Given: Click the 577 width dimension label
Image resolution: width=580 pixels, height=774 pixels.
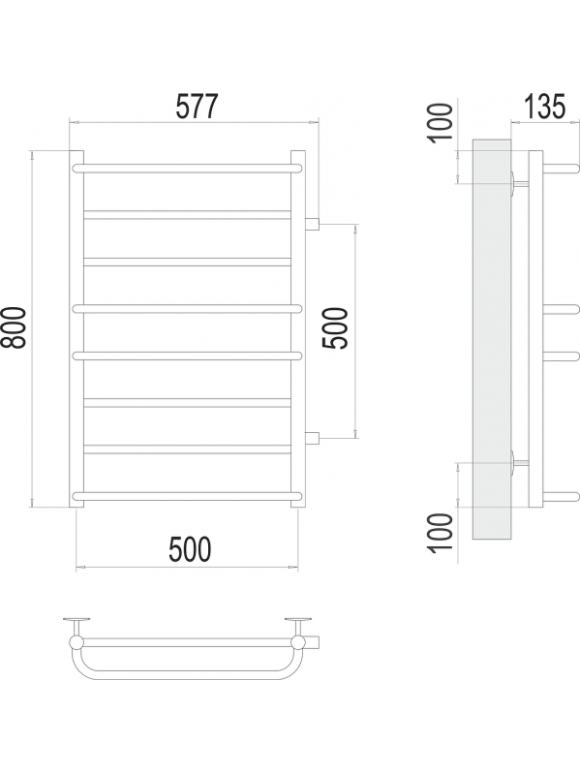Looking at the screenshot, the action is click(197, 107).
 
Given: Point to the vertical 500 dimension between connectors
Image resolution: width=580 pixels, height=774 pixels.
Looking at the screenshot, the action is click(336, 328).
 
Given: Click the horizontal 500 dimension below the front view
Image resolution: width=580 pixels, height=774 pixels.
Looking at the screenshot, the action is click(190, 549).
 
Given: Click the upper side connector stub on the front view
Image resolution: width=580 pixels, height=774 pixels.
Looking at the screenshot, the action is click(313, 225).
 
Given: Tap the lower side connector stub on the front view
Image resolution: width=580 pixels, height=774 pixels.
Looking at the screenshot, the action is click(313, 437).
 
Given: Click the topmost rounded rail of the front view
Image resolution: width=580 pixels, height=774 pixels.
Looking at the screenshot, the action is click(188, 169).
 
